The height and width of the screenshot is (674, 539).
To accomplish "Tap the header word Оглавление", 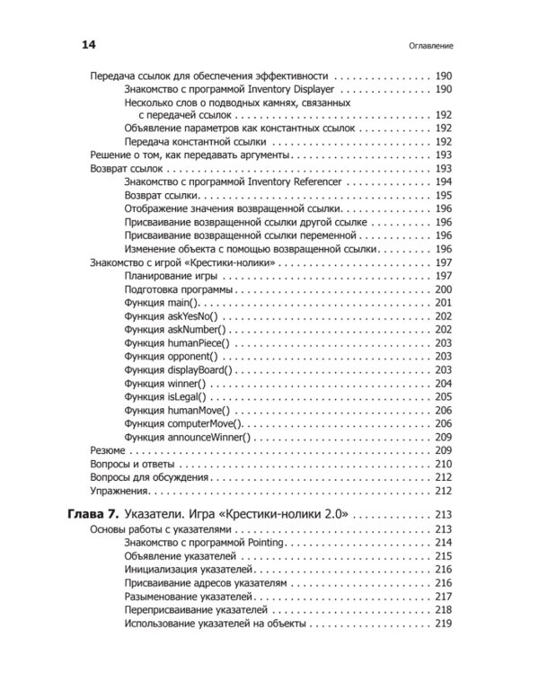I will click(428, 45).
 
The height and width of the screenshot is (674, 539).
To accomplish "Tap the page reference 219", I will click(442, 623).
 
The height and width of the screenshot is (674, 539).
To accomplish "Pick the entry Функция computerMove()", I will click(184, 423).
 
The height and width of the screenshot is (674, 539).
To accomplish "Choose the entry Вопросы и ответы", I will click(129, 464).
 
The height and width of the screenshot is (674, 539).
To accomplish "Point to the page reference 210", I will click(442, 464).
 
